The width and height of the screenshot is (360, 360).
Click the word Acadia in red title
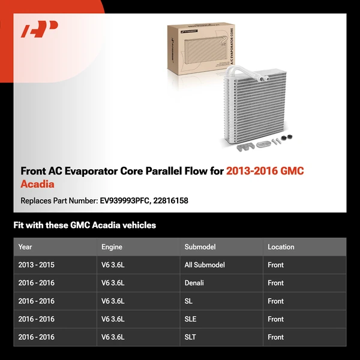tap(37, 184)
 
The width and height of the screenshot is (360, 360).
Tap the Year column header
tap(25, 247)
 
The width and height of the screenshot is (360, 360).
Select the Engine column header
tap(112, 247)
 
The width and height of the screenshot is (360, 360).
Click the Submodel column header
tap(200, 247)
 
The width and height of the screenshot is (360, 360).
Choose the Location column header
tap(281, 247)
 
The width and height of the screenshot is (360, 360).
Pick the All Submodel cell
tap(205, 265)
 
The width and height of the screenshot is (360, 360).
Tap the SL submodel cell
tap(188, 301)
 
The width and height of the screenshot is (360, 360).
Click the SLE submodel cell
tap(190, 319)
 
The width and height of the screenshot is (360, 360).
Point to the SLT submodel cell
tap(190, 337)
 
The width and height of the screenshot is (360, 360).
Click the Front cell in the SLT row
tap(276, 337)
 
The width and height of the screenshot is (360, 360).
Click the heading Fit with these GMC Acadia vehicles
tap(85, 226)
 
